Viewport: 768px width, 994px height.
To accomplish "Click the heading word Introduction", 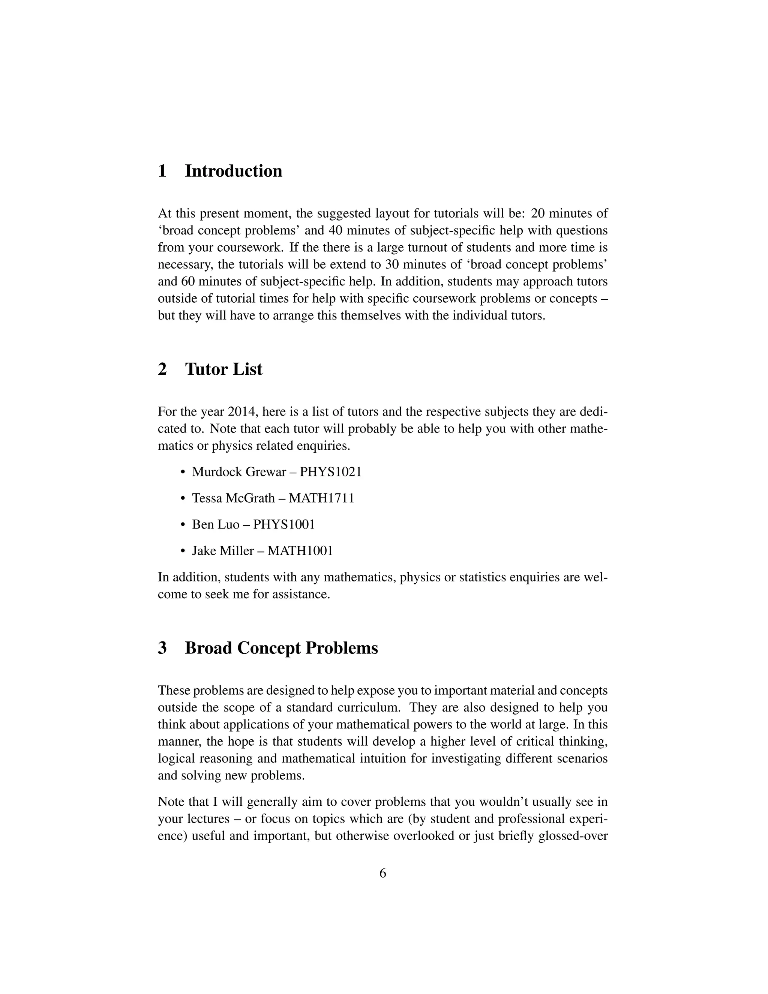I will [233, 171].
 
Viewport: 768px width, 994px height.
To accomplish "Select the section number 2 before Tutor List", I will [162, 369].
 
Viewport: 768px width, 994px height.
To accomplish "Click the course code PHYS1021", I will [330, 472].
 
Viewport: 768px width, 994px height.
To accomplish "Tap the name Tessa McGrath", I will [233, 499].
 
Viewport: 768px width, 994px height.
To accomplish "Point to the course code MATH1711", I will [321, 499].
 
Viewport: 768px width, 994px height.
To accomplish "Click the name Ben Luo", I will [216, 525].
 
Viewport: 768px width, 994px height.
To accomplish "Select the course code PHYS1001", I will [284, 525].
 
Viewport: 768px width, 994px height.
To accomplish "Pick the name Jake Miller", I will [222, 551].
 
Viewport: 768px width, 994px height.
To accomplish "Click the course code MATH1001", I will [300, 551].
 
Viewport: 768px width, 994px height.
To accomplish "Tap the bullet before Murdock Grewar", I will [183, 472].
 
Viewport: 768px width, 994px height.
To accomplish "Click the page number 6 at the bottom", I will [382, 873].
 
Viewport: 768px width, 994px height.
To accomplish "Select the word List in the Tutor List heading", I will [247, 369].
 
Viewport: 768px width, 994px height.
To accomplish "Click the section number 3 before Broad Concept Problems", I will [162, 648].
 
